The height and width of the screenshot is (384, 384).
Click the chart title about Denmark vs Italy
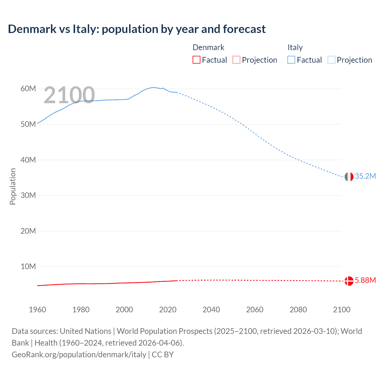[137, 29]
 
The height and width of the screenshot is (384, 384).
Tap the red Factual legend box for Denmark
[196, 60]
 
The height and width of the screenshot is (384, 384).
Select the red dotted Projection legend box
[236, 60]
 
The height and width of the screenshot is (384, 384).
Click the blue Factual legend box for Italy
[291, 60]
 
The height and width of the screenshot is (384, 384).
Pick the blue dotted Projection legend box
[331, 60]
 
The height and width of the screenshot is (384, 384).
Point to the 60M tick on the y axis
[28, 89]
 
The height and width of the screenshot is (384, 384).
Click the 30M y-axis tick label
[28, 196]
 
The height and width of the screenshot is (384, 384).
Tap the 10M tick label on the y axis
[28, 267]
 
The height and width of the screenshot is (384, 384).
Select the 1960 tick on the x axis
[37, 310]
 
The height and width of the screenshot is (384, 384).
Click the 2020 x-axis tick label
[168, 310]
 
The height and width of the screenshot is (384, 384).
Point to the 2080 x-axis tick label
[298, 310]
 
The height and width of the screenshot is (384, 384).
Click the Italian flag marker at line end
[349, 177]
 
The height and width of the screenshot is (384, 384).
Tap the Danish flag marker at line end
[349, 281]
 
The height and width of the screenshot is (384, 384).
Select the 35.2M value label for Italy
[365, 176]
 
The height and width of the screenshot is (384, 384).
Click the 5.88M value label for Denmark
[365, 280]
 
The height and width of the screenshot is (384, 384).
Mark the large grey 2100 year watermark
[69, 95]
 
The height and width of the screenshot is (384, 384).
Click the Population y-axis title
[13, 186]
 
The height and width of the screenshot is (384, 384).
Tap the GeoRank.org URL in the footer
[79, 355]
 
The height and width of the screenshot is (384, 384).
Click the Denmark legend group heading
[208, 47]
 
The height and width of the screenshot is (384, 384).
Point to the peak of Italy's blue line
[154, 87]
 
